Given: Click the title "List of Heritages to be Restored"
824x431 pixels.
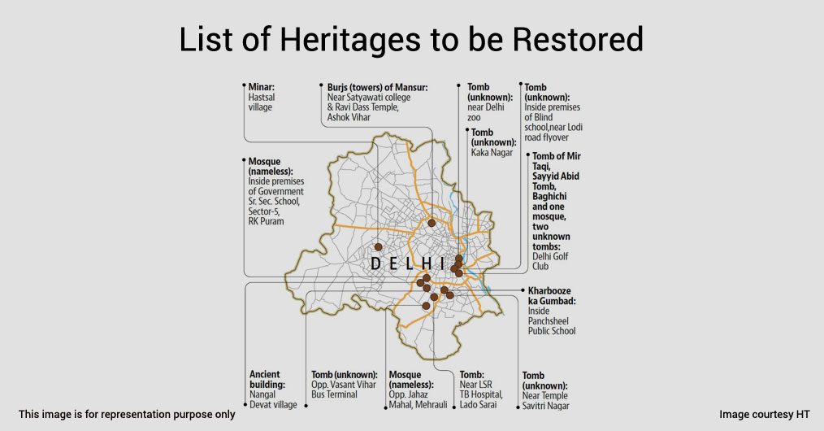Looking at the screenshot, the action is [x=411, y=40].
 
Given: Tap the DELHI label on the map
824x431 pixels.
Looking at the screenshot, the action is [x=408, y=263].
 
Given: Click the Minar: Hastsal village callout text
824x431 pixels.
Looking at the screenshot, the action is [x=262, y=98].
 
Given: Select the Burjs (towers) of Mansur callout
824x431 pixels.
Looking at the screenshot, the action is [x=377, y=102].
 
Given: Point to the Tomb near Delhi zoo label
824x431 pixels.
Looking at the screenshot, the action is [x=490, y=102].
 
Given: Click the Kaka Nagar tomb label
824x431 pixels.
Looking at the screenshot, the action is [x=493, y=142].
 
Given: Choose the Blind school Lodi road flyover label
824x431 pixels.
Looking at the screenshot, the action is [x=553, y=112].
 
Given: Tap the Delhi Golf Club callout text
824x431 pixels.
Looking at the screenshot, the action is [x=556, y=211].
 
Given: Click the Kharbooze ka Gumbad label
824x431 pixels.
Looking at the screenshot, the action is [x=552, y=311].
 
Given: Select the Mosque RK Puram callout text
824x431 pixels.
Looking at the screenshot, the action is [x=276, y=191].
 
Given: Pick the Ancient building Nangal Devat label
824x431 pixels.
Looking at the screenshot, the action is [x=273, y=390].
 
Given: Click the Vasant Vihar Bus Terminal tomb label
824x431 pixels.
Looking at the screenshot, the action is [x=345, y=385].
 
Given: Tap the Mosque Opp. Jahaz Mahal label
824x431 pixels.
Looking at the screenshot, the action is [x=418, y=390].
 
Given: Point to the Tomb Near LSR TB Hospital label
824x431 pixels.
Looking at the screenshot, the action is [x=481, y=390].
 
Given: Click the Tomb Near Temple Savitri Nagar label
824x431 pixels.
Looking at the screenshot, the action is [x=545, y=390].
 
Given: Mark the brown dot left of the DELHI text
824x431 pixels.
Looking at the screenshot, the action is [x=379, y=247].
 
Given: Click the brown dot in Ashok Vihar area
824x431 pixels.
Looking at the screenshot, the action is [x=432, y=223].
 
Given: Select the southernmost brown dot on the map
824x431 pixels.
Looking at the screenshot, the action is [x=426, y=306].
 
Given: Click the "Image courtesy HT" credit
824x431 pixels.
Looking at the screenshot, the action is [x=765, y=415].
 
